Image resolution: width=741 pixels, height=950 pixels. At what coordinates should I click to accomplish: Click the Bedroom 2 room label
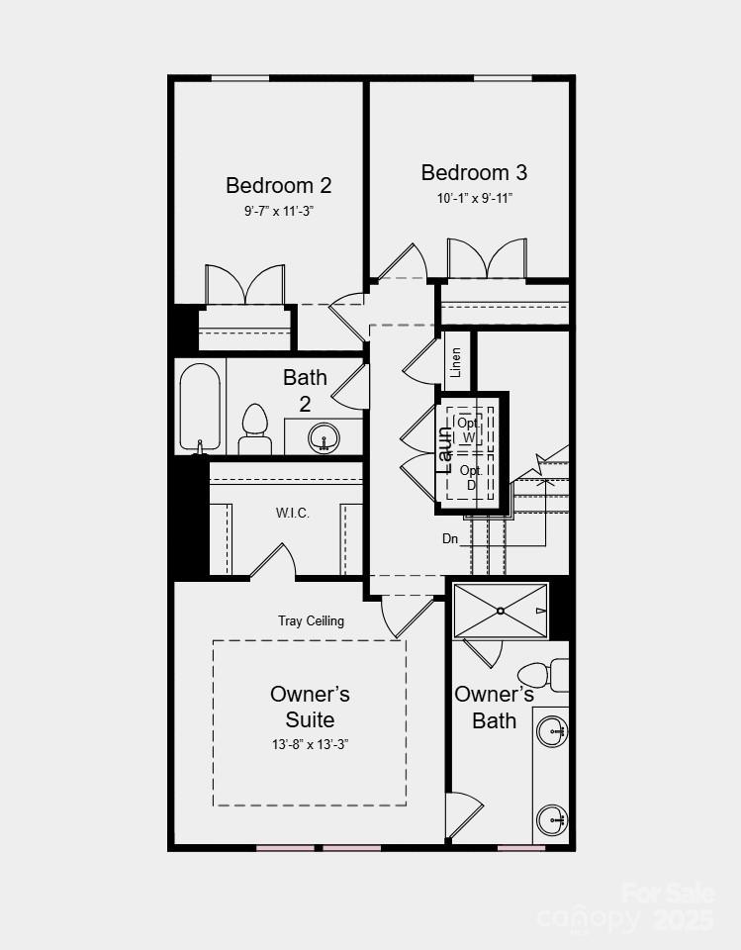coord(278,185)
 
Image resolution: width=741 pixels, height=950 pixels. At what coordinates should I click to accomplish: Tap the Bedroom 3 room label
coord(474,172)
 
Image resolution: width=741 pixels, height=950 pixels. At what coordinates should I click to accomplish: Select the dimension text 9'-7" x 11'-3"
coord(279,211)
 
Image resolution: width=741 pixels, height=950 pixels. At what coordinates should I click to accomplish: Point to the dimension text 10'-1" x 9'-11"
coord(474,198)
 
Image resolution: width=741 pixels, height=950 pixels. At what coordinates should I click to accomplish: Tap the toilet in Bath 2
coord(255,428)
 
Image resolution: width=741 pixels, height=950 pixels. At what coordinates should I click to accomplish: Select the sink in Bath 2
coord(323,436)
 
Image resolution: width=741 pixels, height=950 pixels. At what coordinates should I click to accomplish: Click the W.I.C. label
coord(294,514)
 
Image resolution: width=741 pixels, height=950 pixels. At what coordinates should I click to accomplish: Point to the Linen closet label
coord(456,362)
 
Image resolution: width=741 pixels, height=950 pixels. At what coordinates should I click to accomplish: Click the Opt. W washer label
coord(468,429)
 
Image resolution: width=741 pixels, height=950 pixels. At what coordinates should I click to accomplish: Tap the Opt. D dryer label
coord(471,477)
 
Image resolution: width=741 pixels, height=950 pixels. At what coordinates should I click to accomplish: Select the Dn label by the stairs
coord(450,539)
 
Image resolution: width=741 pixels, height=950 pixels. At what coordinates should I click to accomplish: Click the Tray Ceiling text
coord(311,620)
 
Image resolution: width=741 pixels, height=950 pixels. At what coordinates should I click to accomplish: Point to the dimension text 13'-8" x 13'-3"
coord(310,744)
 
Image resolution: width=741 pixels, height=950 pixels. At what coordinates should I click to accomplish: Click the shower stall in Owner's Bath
coord(500,611)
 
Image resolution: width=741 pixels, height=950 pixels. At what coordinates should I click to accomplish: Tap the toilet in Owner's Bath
coord(541,675)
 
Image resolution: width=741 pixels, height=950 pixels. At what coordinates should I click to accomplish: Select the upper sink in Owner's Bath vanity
coord(551,732)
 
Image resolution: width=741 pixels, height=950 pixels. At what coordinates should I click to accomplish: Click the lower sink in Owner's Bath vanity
coord(551,819)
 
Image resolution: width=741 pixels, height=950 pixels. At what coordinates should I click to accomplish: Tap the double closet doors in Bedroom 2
coord(244,285)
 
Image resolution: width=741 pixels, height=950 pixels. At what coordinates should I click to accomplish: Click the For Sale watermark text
coord(668,894)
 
